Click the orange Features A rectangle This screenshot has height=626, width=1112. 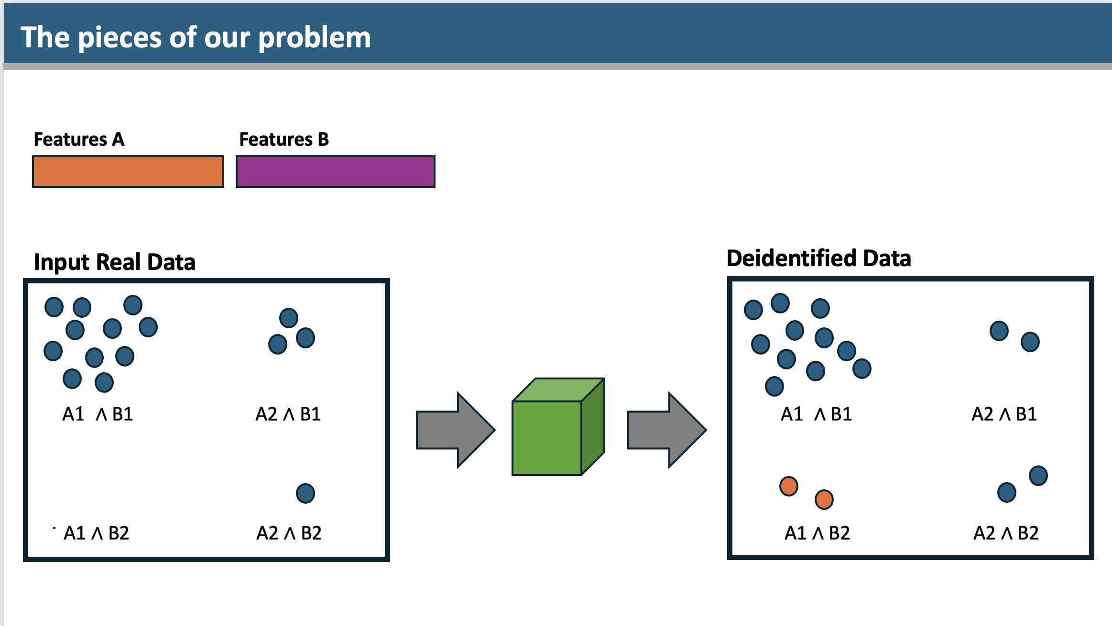128,172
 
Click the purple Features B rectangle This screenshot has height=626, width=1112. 336,172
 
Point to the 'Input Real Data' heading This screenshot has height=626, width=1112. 115,262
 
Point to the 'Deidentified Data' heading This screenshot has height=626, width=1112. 818,259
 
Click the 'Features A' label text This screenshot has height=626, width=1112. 79,140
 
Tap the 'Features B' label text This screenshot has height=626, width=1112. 284,140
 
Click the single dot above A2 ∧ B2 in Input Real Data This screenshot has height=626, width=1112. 305,494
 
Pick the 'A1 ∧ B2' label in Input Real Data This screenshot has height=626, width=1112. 97,533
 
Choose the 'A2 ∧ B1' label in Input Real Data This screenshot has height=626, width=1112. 288,414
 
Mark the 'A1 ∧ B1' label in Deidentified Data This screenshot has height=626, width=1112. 816,414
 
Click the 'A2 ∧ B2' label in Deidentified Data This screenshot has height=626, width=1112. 1006,533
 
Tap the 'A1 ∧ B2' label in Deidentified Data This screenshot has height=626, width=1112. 817,533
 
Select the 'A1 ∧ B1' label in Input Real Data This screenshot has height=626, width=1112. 98,414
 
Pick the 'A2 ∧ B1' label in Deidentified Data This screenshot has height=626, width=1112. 1004,414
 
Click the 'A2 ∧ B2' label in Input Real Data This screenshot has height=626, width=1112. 289,533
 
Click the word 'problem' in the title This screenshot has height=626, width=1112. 315,38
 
